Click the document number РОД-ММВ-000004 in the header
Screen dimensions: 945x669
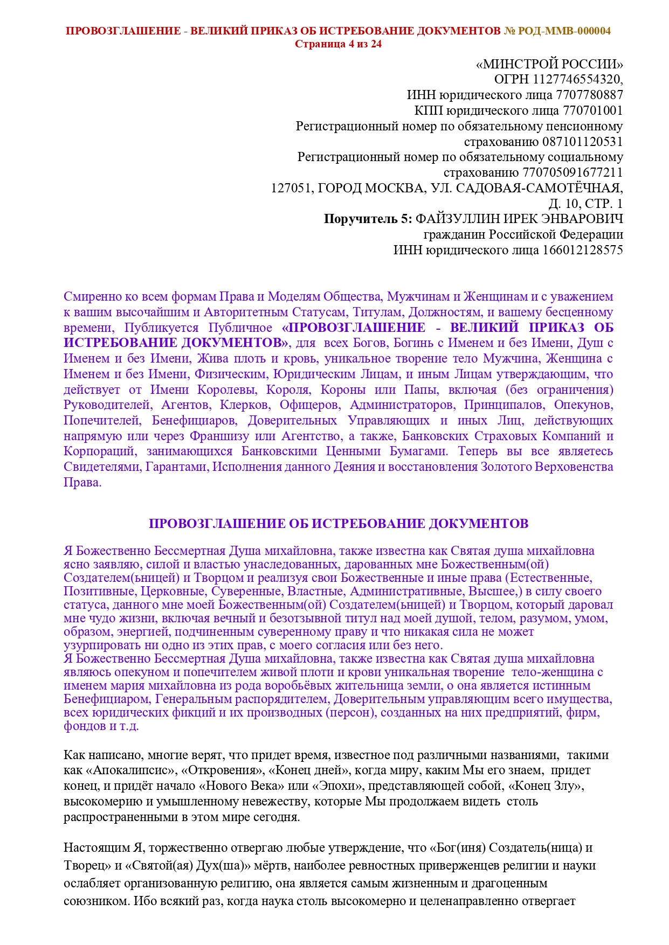point(564,31)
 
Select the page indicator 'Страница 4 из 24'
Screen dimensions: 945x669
point(338,44)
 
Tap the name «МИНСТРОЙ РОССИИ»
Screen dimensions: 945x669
point(549,64)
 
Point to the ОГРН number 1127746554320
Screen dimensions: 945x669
point(577,80)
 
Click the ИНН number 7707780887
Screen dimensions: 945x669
point(590,95)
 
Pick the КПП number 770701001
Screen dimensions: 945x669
point(592,111)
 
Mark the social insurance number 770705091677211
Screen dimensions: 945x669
point(573,173)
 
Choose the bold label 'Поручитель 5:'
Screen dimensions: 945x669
point(368,219)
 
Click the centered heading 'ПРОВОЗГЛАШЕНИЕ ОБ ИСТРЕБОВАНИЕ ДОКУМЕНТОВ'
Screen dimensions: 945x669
point(338,524)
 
